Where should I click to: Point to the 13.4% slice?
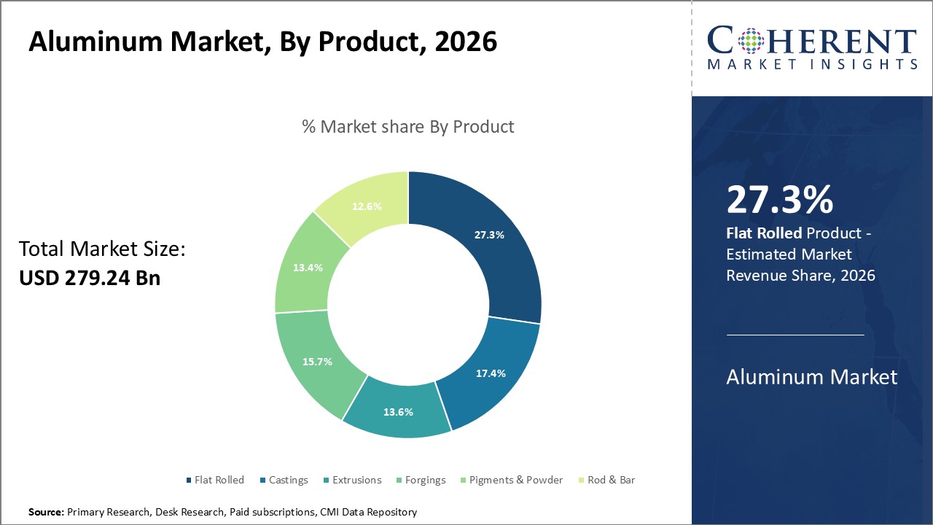click(306, 268)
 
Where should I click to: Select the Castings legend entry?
click(284, 480)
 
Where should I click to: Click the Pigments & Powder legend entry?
click(510, 480)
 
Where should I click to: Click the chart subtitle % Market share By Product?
click(407, 126)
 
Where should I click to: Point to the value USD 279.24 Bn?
click(89, 278)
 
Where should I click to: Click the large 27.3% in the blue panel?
click(779, 201)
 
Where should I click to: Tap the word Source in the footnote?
click(46, 513)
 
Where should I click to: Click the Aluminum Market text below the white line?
click(812, 377)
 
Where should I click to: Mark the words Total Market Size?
click(102, 249)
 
